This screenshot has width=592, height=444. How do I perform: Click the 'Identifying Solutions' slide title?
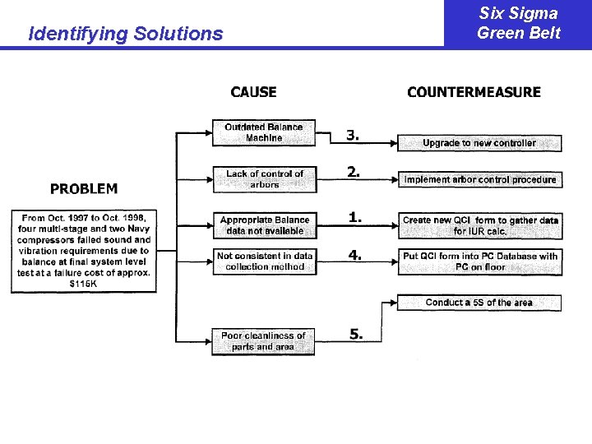click(x=125, y=34)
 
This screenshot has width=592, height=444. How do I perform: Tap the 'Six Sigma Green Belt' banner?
click(x=518, y=23)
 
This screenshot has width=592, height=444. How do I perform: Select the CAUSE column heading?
click(x=253, y=92)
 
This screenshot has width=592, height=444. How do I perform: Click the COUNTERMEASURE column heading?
click(x=474, y=92)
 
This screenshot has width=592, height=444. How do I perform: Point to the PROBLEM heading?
click(x=84, y=189)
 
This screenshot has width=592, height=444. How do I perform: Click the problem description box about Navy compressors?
click(x=83, y=251)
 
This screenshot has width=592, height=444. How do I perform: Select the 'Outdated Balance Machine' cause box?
click(x=264, y=133)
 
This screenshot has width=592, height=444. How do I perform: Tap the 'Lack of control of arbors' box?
click(x=264, y=179)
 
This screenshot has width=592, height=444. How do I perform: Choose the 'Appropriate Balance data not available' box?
click(x=264, y=225)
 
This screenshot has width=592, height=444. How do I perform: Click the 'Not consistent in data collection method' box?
click(x=264, y=261)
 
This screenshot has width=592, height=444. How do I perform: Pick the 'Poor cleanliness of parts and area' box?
click(x=263, y=341)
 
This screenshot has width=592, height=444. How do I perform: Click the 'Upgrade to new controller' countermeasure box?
click(x=479, y=143)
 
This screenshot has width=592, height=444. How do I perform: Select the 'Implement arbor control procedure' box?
click(x=480, y=179)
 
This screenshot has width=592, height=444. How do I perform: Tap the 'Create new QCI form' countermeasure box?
click(x=480, y=225)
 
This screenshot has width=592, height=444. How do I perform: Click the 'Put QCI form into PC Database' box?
click(x=480, y=261)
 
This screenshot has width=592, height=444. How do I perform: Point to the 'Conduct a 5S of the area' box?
click(x=479, y=303)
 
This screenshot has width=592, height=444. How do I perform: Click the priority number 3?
click(x=353, y=135)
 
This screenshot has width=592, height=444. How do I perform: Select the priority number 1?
click(x=354, y=217)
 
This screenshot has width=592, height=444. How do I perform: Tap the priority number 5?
click(x=355, y=334)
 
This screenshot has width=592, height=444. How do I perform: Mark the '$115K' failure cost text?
click(x=82, y=283)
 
